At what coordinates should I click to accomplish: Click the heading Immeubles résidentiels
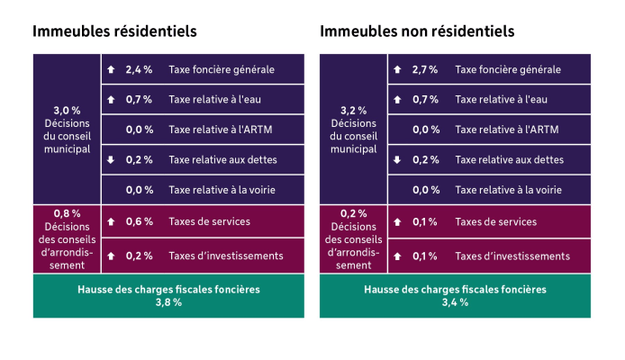[114, 31]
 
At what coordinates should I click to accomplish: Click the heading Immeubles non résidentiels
[417, 31]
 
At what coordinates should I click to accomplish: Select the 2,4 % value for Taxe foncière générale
[139, 69]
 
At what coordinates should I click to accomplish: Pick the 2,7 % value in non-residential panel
[425, 69]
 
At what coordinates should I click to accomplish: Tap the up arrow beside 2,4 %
[111, 69]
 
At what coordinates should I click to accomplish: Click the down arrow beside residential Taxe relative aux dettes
[111, 160]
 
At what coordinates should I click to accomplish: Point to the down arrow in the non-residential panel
[397, 160]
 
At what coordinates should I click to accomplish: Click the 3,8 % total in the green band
[168, 302]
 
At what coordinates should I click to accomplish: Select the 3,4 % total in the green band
[455, 302]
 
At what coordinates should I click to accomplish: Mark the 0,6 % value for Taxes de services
[139, 221]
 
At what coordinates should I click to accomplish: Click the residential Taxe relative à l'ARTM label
[220, 130]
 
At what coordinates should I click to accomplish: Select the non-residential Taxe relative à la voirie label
[510, 190]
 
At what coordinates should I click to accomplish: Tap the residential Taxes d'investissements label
[225, 256]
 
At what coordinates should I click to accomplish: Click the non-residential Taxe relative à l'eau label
[502, 99]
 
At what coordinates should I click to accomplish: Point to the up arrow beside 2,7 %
[397, 69]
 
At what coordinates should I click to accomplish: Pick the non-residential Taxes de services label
[496, 221]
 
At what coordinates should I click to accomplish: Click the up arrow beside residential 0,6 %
[111, 221]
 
